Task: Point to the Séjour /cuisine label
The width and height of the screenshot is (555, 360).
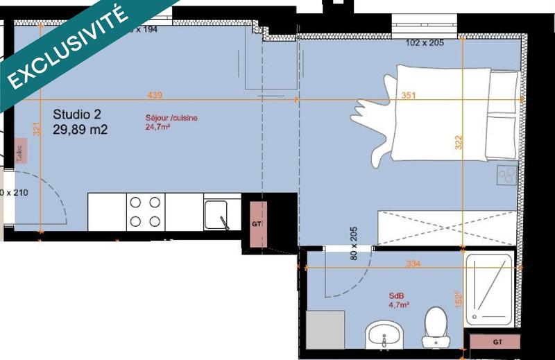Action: coord(171,118)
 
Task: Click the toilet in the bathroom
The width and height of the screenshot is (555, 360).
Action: coord(436,326)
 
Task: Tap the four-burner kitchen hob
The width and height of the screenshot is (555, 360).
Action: coord(146,212)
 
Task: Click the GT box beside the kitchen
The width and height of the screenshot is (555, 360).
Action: coord(256,223)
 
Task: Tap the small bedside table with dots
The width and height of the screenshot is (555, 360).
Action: coord(506,175)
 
